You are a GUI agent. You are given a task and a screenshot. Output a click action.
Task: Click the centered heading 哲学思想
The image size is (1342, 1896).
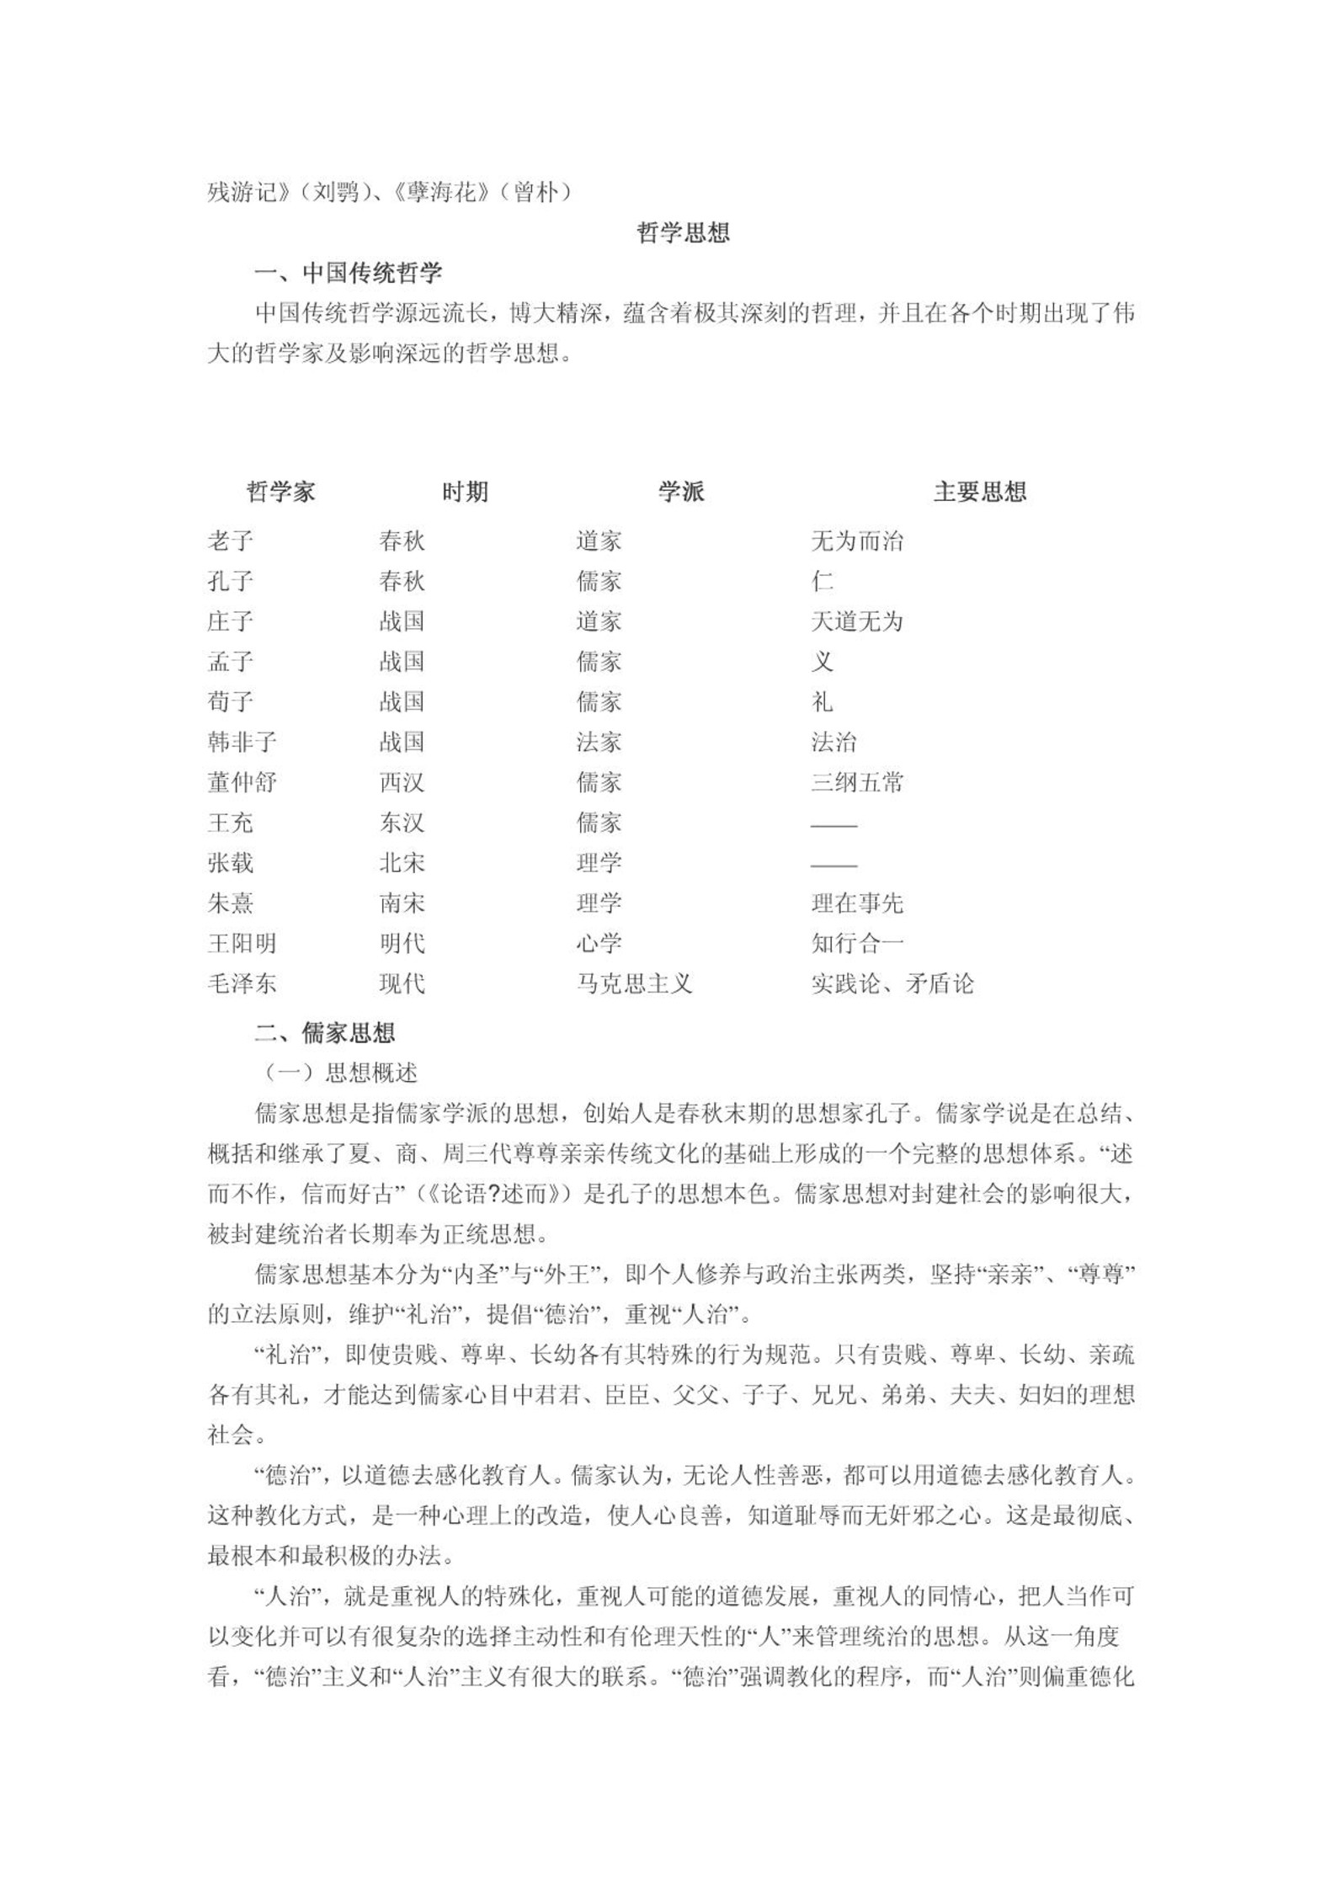pyautogui.click(x=683, y=232)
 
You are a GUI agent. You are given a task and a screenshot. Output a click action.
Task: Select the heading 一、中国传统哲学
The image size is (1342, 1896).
pyautogui.click(x=348, y=273)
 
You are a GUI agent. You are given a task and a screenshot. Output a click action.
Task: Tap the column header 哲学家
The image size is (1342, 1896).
pyautogui.click(x=280, y=492)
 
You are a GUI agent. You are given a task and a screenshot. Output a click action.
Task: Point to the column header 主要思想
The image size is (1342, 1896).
pyautogui.click(x=979, y=492)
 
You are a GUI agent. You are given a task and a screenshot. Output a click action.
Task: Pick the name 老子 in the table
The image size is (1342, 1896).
pyautogui.click(x=230, y=541)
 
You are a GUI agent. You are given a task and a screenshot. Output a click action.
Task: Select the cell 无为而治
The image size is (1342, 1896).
pyautogui.click(x=856, y=541)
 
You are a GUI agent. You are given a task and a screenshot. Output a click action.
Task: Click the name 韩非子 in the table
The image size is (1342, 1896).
pyautogui.click(x=242, y=742)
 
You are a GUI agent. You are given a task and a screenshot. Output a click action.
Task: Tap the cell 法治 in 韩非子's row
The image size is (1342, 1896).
pyautogui.click(x=833, y=742)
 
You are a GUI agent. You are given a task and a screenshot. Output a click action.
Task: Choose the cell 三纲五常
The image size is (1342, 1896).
pyautogui.click(x=856, y=782)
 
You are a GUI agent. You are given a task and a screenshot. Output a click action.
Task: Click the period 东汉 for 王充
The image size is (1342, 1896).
pyautogui.click(x=402, y=823)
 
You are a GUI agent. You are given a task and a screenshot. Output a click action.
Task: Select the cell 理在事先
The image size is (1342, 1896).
pyautogui.click(x=856, y=903)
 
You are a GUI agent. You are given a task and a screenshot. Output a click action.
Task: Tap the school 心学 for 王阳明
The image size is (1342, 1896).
pyautogui.click(x=599, y=943)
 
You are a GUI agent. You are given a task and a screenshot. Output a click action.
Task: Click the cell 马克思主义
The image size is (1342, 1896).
pyautogui.click(x=633, y=983)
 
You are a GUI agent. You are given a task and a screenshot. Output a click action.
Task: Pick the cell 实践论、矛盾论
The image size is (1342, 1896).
pyautogui.click(x=892, y=983)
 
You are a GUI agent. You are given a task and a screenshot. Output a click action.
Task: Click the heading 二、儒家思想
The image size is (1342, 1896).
pyautogui.click(x=324, y=1033)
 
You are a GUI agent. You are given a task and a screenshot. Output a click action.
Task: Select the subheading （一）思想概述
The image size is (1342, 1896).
pyautogui.click(x=341, y=1073)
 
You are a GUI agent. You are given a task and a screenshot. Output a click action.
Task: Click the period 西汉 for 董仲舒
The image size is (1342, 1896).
pyautogui.click(x=402, y=782)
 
